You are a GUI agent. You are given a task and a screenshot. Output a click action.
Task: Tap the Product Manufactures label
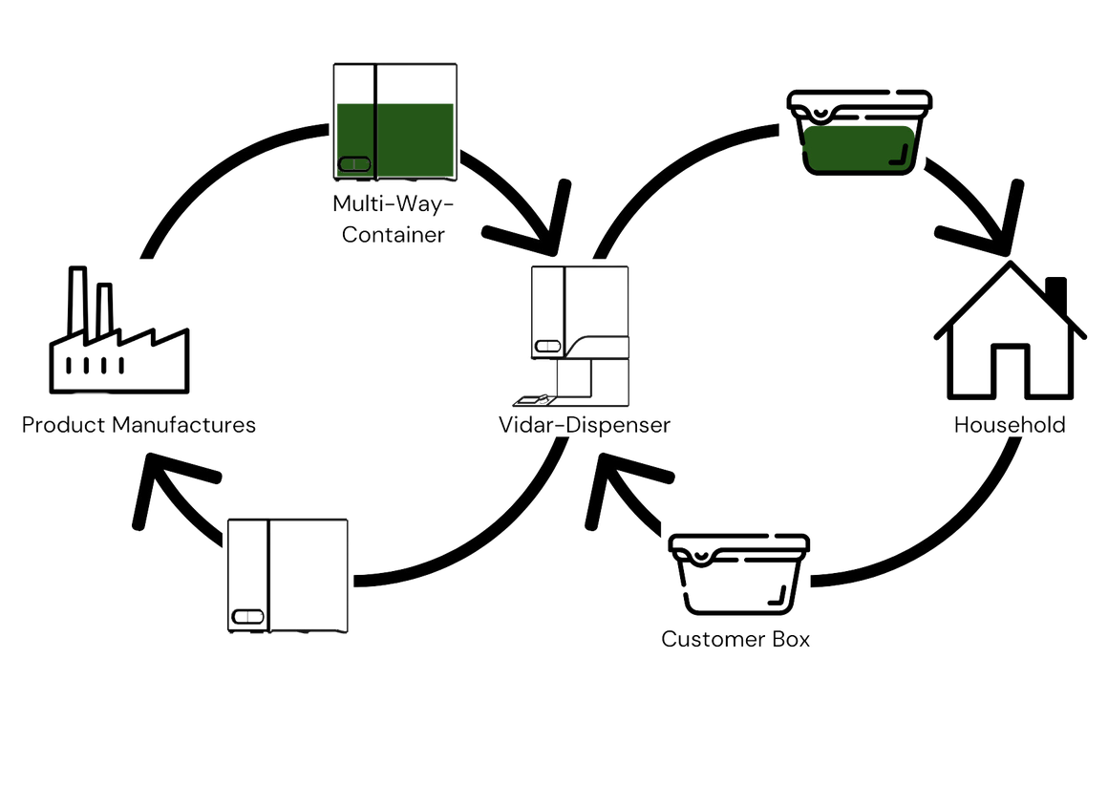click(x=139, y=426)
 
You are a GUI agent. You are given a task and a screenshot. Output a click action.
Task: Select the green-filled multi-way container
click(x=395, y=121)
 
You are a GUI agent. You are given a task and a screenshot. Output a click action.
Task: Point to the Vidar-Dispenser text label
click(x=583, y=426)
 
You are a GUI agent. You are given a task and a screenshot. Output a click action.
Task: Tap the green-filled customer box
click(x=857, y=133)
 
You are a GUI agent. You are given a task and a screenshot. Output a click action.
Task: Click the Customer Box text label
click(x=735, y=640)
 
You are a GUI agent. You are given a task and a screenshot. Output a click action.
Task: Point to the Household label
click(x=1010, y=426)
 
